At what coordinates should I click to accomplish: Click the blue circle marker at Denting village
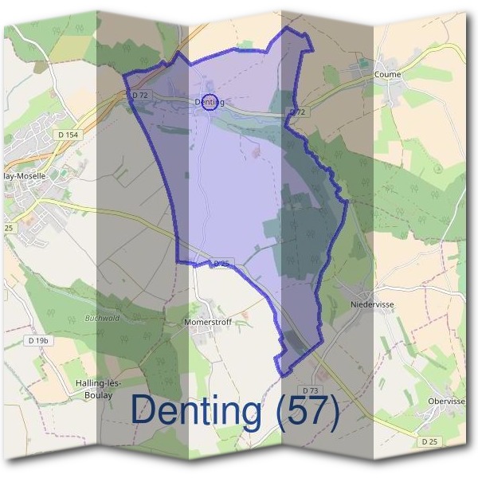210,102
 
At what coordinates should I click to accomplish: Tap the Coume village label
387,75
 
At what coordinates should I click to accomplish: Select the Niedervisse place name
371,304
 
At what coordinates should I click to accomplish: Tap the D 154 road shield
68,135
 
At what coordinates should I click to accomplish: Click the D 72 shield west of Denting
140,95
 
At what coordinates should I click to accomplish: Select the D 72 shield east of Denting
296,112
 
